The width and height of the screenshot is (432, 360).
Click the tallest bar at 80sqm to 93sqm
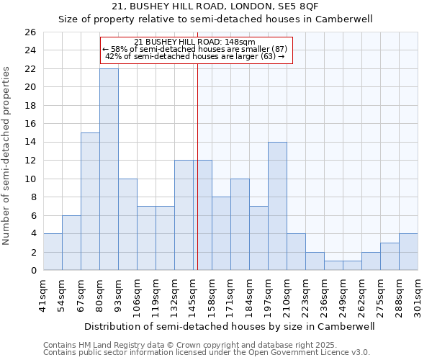point(109,169)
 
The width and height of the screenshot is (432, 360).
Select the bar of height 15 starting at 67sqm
point(90,202)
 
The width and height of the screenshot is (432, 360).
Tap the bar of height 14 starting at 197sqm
point(277,206)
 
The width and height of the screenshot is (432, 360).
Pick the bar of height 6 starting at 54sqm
point(71,243)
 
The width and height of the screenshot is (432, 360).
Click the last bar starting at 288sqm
point(408,252)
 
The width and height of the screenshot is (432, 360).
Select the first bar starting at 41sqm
point(53,252)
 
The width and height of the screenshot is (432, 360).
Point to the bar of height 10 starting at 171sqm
point(240,225)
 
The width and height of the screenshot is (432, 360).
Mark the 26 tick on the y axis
point(30,32)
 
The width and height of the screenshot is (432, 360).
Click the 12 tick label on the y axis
point(30,161)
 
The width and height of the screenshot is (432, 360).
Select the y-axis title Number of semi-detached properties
point(6,155)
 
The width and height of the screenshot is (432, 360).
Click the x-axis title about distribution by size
point(230,326)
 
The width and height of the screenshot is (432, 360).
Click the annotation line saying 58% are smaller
point(195,49)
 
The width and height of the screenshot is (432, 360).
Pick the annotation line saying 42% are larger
point(195,56)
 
